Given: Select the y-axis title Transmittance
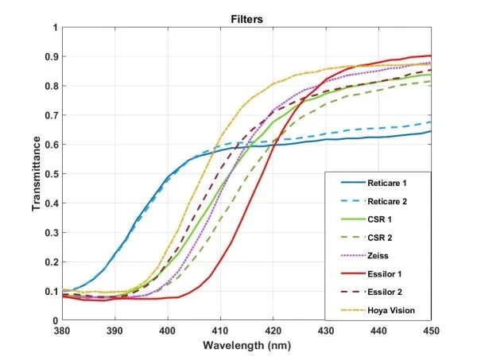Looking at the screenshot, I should pyautogui.click(x=37, y=175).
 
